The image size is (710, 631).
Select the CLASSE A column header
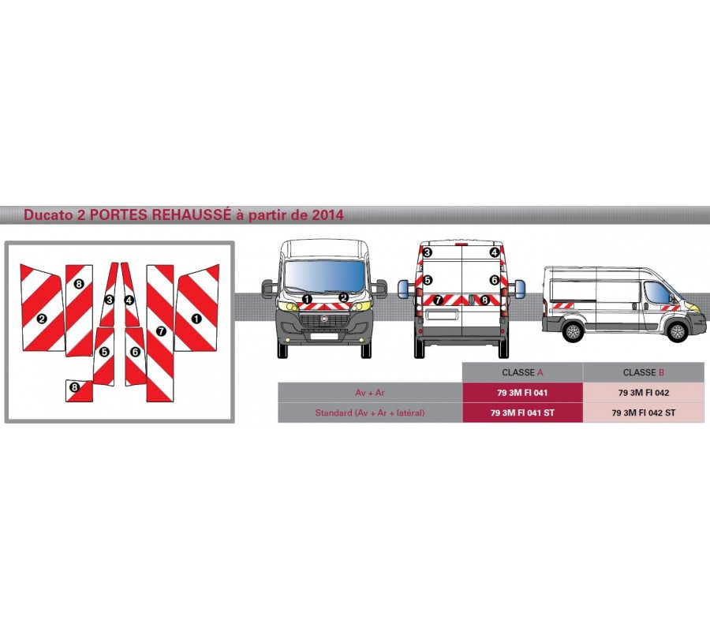(x=522, y=372)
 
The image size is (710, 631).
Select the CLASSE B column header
(x=643, y=372)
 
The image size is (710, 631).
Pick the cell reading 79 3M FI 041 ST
(x=522, y=413)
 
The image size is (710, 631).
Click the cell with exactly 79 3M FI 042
(x=643, y=393)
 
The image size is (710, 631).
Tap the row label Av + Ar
(x=370, y=393)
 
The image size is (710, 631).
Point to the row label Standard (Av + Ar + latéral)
(x=370, y=413)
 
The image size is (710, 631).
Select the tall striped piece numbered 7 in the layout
(x=160, y=331)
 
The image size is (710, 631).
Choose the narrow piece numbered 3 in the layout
(x=110, y=300)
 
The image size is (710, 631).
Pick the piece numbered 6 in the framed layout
(x=135, y=352)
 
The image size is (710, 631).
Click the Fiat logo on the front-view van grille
(x=325, y=315)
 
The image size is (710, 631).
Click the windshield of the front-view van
(x=325, y=276)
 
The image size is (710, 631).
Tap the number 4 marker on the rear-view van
(x=494, y=252)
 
